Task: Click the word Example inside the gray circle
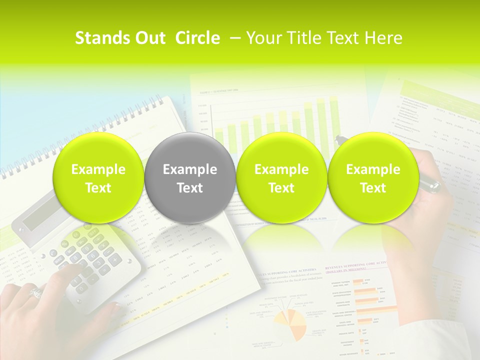click(x=189, y=169)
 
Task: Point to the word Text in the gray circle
click(x=189, y=188)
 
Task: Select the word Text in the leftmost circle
click(x=98, y=188)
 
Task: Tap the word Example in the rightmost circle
click(x=373, y=169)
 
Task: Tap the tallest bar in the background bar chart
click(x=333, y=120)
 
